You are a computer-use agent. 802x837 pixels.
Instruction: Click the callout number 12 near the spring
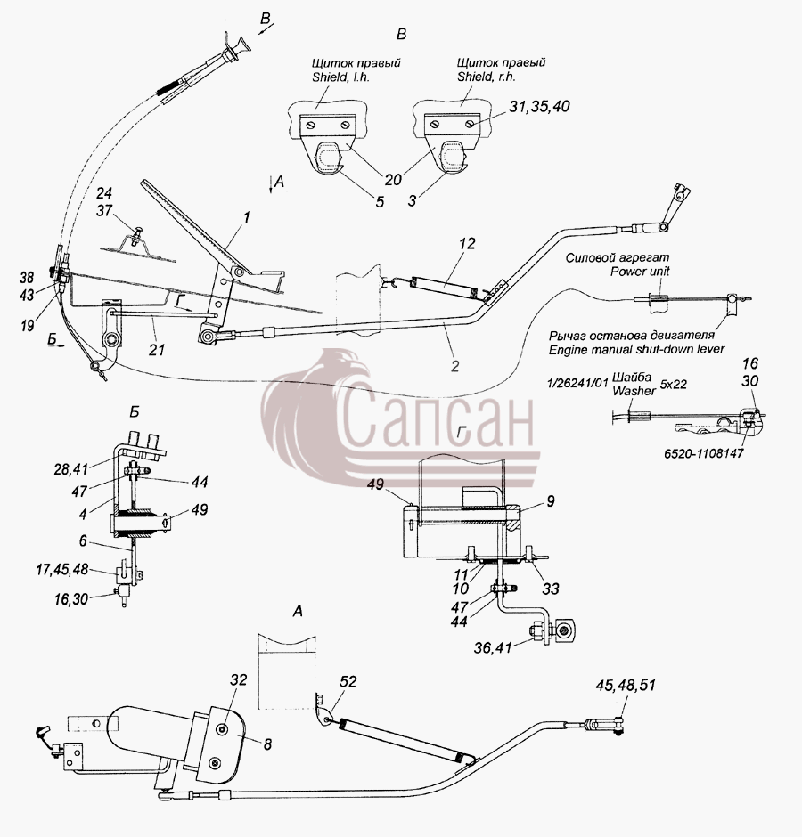(466, 243)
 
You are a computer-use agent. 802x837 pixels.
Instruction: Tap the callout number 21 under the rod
(157, 350)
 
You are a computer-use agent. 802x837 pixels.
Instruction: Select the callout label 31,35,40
(539, 106)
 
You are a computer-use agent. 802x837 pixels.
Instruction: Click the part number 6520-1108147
(703, 454)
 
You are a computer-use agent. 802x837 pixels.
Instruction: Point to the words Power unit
(640, 272)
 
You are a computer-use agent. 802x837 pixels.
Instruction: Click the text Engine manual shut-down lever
(636, 349)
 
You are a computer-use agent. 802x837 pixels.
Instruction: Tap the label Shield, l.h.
(341, 77)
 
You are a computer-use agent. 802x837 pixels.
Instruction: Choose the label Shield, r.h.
(487, 77)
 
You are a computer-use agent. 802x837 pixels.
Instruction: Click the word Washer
(634, 391)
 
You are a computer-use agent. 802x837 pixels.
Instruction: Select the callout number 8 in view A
(267, 744)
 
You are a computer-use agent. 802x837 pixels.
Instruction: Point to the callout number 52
(348, 682)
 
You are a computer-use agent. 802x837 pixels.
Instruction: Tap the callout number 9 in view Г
(551, 501)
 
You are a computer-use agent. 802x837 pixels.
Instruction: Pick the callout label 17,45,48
(62, 569)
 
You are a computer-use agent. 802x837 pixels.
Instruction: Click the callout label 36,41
(493, 647)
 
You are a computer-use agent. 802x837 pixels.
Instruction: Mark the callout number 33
(551, 589)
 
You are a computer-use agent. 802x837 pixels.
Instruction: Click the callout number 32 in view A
(239, 679)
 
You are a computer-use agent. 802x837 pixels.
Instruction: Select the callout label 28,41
(70, 469)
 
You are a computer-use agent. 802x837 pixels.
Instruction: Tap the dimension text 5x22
(673, 385)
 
